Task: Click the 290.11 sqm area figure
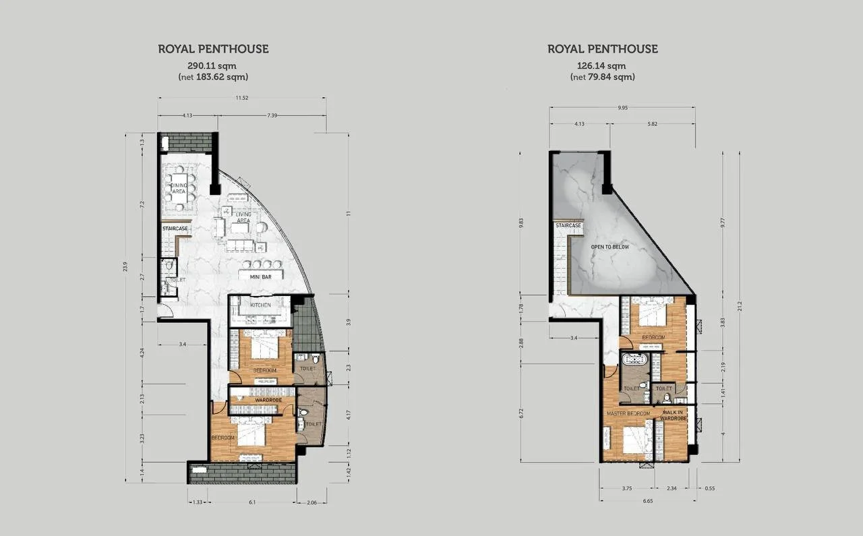pos(212,65)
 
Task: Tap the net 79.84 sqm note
pos(602,77)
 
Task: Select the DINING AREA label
pos(179,188)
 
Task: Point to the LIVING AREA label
pos(243,218)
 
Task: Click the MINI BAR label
pos(260,276)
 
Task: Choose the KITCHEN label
pos(260,305)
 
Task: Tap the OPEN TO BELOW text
pos(609,247)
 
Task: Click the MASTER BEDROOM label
pos(628,413)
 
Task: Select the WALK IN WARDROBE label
pos(674,415)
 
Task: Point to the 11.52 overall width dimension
pos(242,98)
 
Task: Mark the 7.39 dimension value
pos(271,115)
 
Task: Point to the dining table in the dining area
pos(178,189)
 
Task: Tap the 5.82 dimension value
pos(653,124)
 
